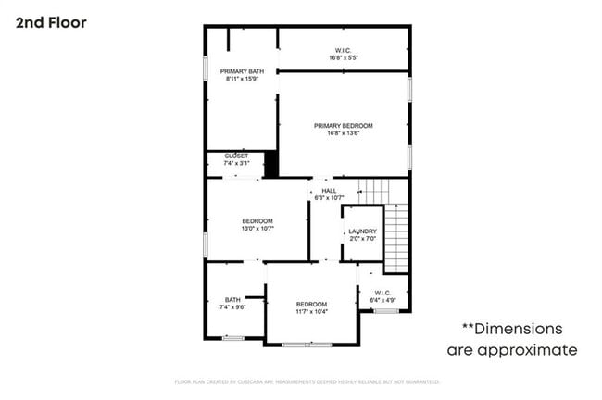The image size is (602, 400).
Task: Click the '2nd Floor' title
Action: point(51,22)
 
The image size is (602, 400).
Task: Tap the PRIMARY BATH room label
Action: point(242,70)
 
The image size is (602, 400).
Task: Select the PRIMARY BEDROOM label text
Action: point(343,126)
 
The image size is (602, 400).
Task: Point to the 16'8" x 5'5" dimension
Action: point(343,58)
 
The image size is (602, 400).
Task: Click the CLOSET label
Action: point(236,156)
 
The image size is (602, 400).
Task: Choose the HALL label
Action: point(329,190)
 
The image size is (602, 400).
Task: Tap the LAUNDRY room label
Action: point(362,231)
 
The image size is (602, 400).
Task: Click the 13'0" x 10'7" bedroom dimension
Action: point(257,228)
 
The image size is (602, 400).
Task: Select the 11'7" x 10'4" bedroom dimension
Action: point(311,312)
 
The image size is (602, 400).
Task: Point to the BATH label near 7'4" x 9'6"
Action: point(232,299)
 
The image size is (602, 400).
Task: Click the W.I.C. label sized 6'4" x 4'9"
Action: point(383,293)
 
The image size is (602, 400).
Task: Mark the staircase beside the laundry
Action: point(395,236)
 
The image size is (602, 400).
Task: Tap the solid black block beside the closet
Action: point(271,163)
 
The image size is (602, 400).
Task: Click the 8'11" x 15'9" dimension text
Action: point(242,79)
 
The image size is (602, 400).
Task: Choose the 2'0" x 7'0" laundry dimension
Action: point(362,239)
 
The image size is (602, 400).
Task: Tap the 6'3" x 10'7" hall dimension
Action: point(329,197)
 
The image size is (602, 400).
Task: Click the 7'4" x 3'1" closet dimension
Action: point(236,163)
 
